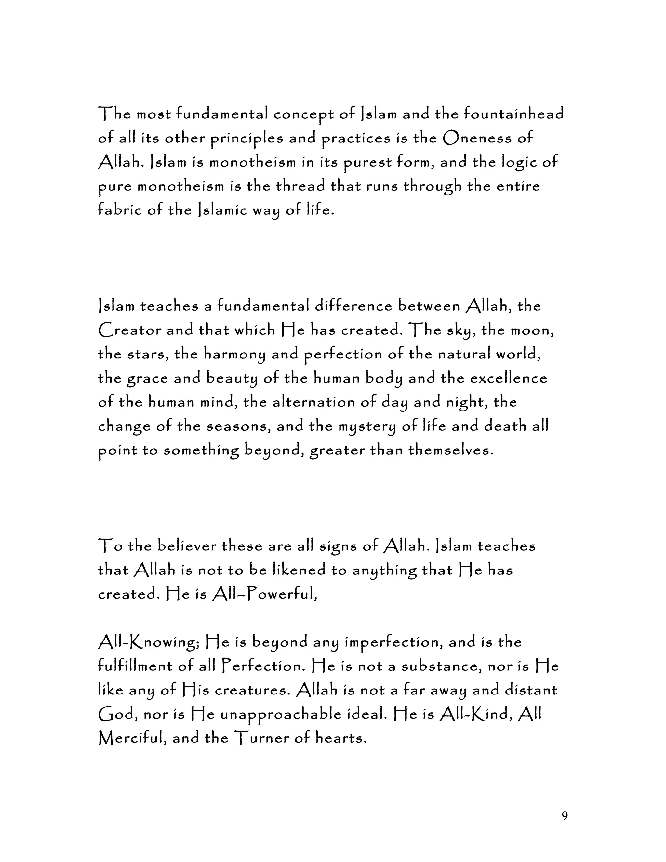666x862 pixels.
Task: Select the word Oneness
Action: pos(477,138)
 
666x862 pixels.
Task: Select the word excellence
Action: pos(509,379)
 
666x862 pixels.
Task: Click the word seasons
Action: pos(238,427)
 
